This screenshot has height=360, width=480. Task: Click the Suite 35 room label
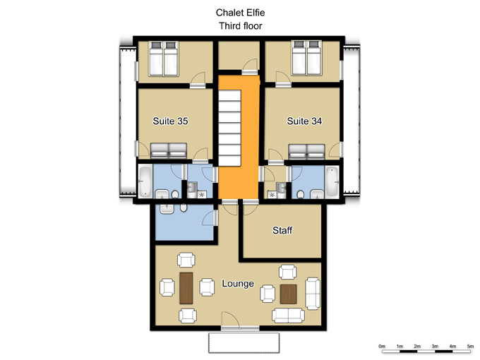pyautogui.click(x=170, y=121)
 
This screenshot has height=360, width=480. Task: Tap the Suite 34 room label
pyautogui.click(x=304, y=121)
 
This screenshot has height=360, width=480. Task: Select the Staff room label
pyautogui.click(x=282, y=230)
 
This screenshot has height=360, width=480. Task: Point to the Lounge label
pyautogui.click(x=238, y=284)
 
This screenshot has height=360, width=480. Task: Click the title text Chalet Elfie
pyautogui.click(x=240, y=13)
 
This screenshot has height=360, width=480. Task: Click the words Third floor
pyautogui.click(x=240, y=25)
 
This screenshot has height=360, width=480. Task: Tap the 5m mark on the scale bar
pyautogui.click(x=470, y=346)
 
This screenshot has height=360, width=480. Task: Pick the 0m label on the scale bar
pyautogui.click(x=382, y=346)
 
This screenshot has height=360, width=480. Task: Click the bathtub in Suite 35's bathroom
pyautogui.click(x=145, y=181)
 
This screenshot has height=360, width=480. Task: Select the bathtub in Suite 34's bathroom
pyautogui.click(x=332, y=181)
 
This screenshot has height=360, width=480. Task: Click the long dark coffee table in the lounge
pyautogui.click(x=186, y=288)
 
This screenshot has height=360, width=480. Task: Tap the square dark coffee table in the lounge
pyautogui.click(x=289, y=294)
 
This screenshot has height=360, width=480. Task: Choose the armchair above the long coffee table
pyautogui.click(x=186, y=260)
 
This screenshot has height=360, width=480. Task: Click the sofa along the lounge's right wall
pyautogui.click(x=313, y=294)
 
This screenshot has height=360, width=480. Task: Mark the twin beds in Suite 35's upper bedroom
pyautogui.click(x=163, y=58)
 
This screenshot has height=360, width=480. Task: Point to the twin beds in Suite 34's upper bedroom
pyautogui.click(x=306, y=58)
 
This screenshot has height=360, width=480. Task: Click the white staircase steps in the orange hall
pyautogui.click(x=229, y=128)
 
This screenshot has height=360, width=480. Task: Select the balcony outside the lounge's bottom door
pyautogui.click(x=244, y=343)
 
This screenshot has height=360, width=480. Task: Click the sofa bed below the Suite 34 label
pyautogui.click(x=306, y=152)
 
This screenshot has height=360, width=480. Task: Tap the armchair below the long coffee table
pyautogui.click(x=188, y=316)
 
